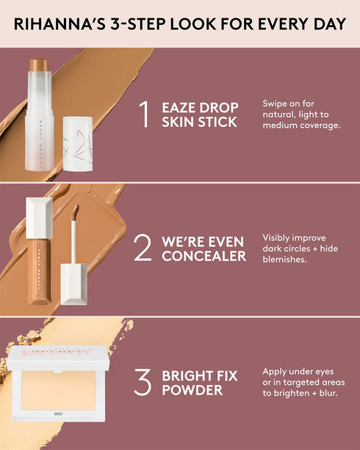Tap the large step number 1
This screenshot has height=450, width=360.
tap(144, 114)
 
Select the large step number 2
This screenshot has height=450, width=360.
tap(143, 247)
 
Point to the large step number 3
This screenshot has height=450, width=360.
tap(143, 382)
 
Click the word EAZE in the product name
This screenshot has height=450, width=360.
tap(180, 106)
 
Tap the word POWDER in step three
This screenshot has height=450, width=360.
tap(192, 390)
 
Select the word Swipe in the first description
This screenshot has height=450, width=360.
tap(276, 104)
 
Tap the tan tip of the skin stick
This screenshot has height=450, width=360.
tap(39, 65)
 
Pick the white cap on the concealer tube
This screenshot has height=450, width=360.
tap(39, 217)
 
